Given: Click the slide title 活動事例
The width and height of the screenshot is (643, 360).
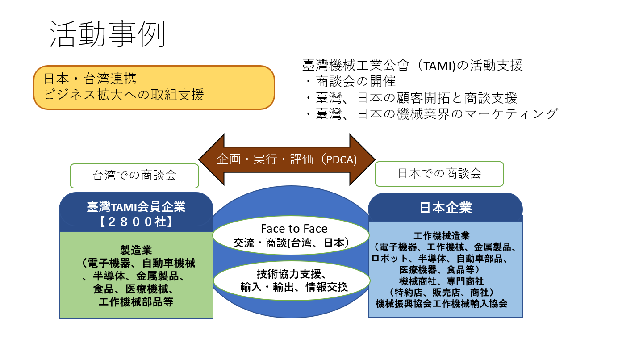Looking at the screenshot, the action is (x=108, y=34).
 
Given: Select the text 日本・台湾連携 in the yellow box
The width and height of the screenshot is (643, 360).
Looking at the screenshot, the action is (x=90, y=79).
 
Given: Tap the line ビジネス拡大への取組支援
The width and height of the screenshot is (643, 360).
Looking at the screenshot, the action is (x=124, y=94).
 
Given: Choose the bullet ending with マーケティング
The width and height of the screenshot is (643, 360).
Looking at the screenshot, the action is (x=433, y=114).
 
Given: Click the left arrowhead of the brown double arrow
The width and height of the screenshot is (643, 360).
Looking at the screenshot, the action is (x=211, y=159).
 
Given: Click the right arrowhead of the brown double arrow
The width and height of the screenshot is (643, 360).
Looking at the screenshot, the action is (x=362, y=159).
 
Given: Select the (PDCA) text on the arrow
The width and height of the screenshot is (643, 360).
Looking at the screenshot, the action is (x=339, y=159).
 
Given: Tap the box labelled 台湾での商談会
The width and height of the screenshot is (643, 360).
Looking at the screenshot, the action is (x=134, y=176).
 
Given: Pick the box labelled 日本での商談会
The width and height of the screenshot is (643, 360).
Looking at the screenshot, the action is (x=439, y=174).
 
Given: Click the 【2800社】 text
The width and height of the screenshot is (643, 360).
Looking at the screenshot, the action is (x=136, y=222).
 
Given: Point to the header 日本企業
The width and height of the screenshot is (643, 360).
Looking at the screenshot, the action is (x=446, y=208).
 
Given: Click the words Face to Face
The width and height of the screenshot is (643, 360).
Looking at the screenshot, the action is (x=294, y=229).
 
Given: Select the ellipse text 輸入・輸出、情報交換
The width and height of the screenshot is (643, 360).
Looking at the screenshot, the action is (x=294, y=287).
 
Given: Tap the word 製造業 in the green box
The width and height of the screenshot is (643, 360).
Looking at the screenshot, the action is (x=136, y=250).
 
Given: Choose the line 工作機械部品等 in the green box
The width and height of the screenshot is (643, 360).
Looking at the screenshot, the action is (x=136, y=302).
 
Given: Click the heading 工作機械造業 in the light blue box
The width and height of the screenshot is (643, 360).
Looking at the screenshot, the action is (x=442, y=236).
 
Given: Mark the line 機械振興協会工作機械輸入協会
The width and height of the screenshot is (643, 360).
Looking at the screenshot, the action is (x=442, y=303).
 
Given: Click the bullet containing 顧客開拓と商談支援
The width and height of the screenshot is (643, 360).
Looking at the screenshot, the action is (x=411, y=98).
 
